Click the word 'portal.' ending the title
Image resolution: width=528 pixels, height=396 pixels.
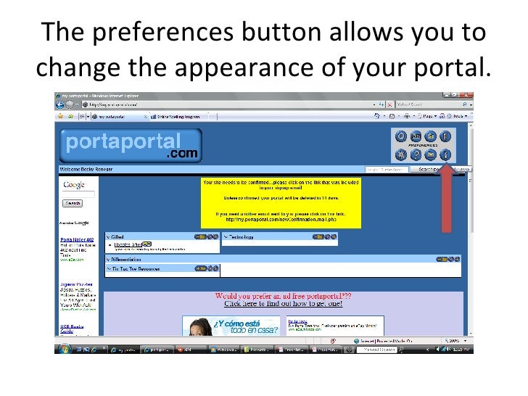click(447, 67)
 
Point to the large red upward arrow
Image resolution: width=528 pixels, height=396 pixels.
click(446, 199)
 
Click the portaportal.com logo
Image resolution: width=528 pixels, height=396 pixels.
click(131, 146)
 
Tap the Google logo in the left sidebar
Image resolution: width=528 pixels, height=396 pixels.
click(74, 185)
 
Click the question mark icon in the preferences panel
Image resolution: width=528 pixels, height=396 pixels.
click(416, 154)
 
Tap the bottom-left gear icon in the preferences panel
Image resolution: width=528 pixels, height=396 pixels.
click(400, 154)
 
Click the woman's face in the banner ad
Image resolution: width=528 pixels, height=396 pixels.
click(200, 329)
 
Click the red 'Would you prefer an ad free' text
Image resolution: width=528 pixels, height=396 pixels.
click(283, 296)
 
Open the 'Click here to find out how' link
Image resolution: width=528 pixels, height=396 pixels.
click(283, 305)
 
